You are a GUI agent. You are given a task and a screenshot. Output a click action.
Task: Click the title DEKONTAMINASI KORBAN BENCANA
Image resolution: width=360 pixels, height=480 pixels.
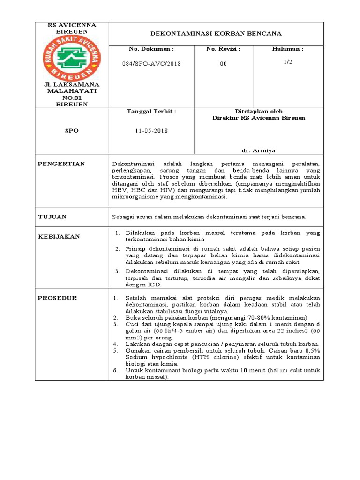pos(216,34)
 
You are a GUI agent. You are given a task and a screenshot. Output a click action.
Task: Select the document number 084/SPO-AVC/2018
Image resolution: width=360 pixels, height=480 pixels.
pos(151,63)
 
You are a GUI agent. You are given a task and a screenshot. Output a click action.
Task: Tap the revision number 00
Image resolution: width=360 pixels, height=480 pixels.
pos(223,64)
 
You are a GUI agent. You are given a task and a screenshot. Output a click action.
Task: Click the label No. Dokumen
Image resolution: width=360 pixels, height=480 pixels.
pos(151,49)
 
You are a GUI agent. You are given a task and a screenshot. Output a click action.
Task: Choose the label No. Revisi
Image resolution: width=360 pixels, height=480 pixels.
pos(224,49)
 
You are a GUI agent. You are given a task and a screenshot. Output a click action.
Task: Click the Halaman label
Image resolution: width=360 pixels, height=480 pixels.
pos(288,49)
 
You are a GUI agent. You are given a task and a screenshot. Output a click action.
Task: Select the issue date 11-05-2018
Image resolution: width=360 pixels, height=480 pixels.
pos(151,131)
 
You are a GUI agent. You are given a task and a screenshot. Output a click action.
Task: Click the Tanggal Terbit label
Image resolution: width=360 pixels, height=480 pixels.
pos(151,111)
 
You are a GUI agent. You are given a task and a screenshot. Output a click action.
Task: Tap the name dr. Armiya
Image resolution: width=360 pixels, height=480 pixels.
pos(258,150)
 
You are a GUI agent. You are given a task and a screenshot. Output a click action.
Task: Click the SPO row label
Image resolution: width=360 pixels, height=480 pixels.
pos(72,131)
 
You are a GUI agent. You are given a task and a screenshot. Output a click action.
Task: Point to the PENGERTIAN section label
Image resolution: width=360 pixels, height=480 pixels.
pos(61,164)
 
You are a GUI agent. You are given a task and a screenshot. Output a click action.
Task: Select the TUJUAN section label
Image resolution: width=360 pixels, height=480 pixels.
pos(52,217)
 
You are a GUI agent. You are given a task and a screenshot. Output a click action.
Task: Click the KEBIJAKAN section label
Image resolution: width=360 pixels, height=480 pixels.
pos(59,237)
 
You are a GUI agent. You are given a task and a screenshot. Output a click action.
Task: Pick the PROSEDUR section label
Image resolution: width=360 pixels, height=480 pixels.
pos(58,298)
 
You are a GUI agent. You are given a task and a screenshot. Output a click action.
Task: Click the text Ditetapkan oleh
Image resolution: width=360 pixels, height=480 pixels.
pos(259,112)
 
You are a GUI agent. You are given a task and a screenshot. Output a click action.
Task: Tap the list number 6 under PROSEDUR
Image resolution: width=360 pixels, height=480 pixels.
pos(115,370)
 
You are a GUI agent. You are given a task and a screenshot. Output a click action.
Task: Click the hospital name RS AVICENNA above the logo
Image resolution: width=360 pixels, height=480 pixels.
pos(72,25)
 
